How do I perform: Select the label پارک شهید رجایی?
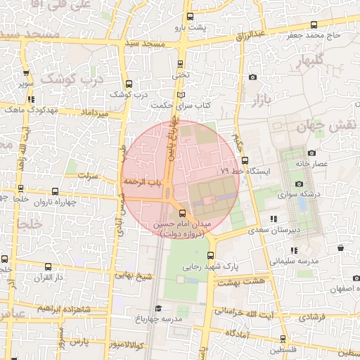(x=212, y=267)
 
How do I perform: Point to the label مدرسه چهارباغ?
(x=163, y=319)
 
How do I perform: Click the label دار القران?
(x=49, y=278)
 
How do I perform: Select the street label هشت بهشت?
(x=235, y=281)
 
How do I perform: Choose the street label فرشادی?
(x=311, y=318)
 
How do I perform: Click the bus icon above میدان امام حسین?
(x=184, y=212)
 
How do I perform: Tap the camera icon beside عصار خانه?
(x=312, y=153)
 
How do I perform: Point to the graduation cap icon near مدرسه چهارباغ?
(x=158, y=309)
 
